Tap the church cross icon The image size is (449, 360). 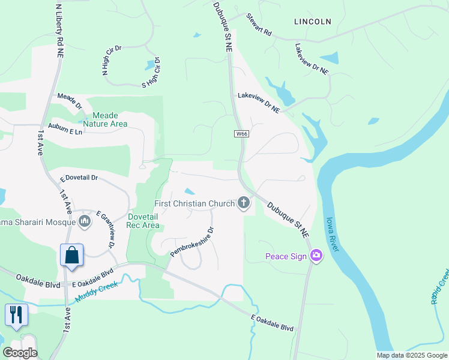click(244, 203)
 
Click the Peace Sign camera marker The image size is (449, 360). click(316, 256)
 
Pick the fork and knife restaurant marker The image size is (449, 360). click(16, 314)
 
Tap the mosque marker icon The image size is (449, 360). click(84, 222)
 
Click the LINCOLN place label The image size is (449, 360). click(313, 22)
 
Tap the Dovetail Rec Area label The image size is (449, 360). click(143, 221)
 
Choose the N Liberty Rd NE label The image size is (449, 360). click(59, 30)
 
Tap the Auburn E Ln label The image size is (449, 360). click(65, 131)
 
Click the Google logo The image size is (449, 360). click(20, 353)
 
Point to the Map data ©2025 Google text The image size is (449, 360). click(411, 355)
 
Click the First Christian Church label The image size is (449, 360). click(194, 203)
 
